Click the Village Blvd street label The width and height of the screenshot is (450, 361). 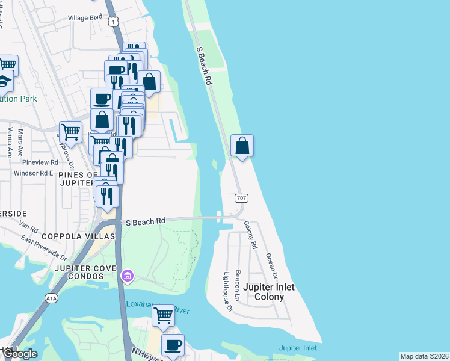pos(85,18)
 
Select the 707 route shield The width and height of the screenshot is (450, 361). pos(241,197)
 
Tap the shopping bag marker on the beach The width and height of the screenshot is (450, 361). pos(242,146)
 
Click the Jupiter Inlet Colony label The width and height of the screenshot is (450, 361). pos(274,292)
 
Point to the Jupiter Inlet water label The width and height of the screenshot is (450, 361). pos(298,348)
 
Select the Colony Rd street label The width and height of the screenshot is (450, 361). pos(251,235)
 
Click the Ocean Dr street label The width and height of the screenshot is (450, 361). pos(271,265)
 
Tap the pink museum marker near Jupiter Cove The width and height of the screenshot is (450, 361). pos(128,276)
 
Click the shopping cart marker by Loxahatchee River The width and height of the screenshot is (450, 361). pos(163,315)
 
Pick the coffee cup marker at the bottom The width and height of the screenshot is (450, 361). pos(173,345)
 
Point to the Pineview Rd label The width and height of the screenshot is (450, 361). pos(40,162)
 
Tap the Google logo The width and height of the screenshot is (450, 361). pos(19,354)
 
